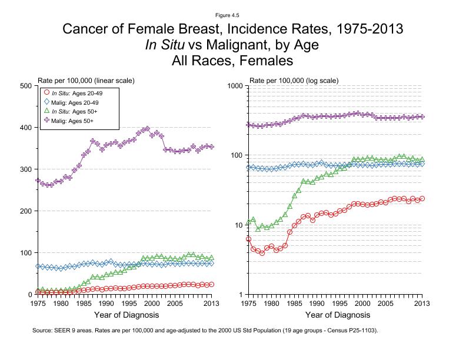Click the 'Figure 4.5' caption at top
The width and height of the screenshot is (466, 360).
tap(232, 14)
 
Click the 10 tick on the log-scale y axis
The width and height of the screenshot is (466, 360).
tap(239, 225)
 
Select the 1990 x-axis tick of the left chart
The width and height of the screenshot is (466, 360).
tap(106, 304)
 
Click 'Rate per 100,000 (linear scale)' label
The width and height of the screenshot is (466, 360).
tap(86, 80)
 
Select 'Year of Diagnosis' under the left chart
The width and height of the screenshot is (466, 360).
tap(124, 316)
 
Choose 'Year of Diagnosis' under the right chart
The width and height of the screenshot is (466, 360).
tap(335, 316)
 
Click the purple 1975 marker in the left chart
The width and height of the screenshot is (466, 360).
tap(38, 181)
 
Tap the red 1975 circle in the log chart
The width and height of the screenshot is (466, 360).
tap(249, 239)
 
